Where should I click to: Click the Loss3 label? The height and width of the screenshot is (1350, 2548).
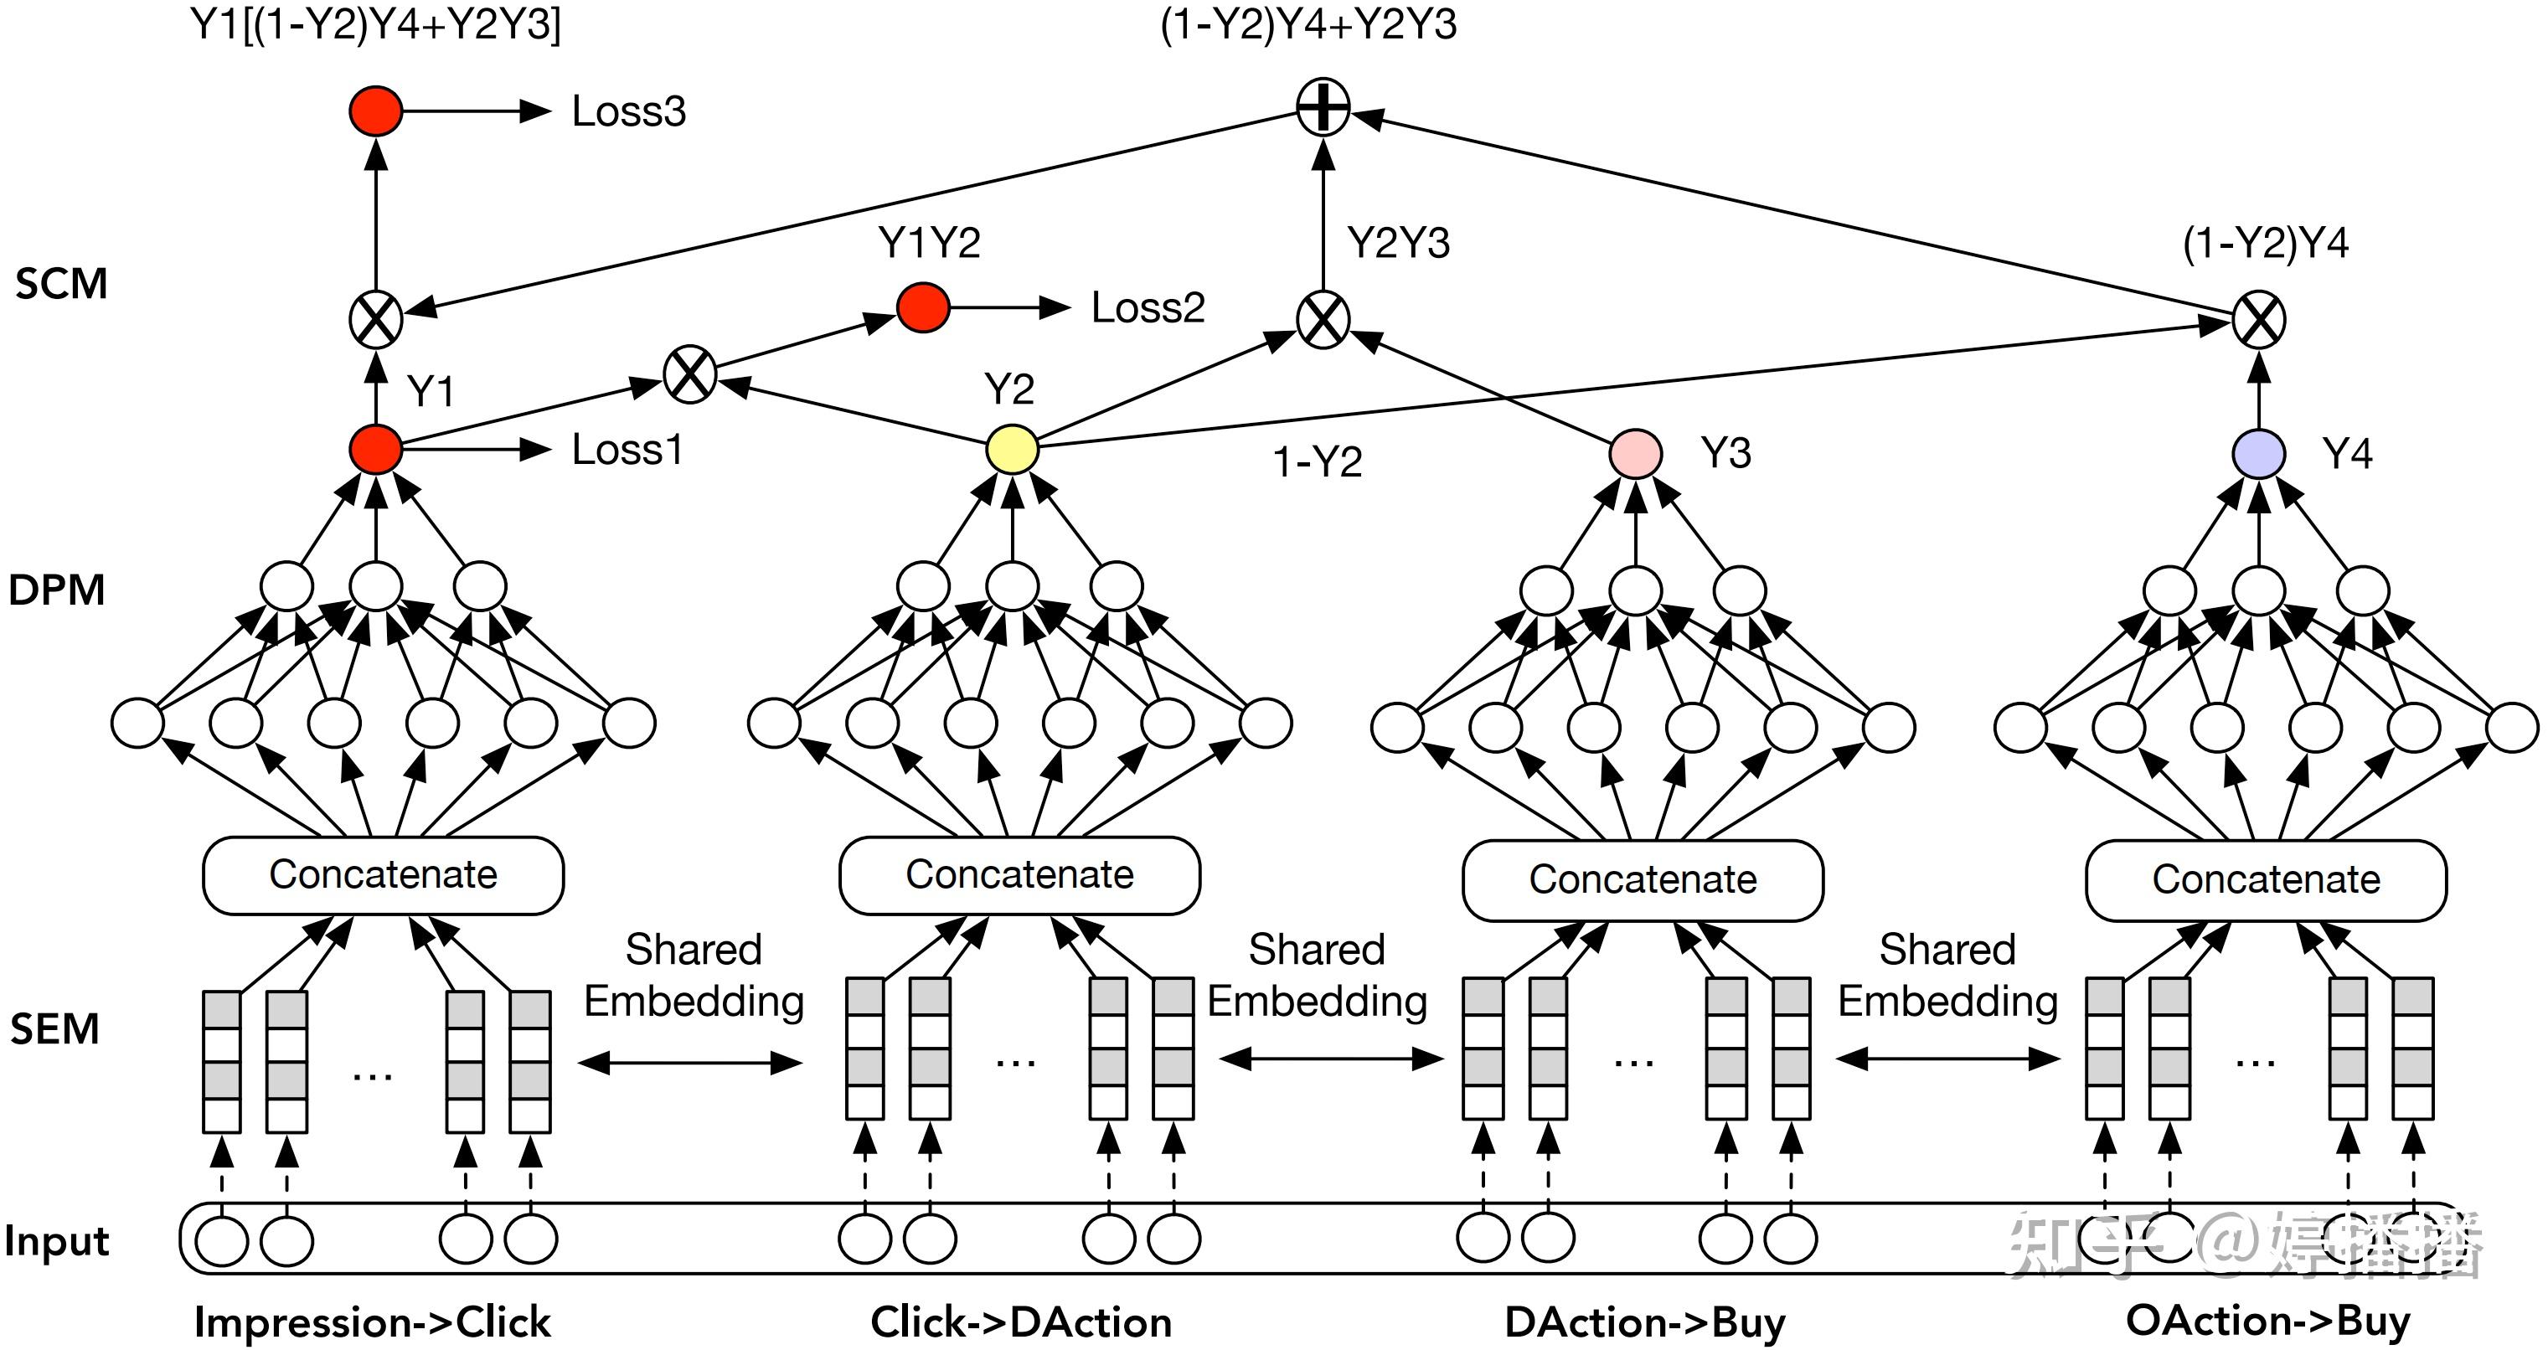click(x=628, y=111)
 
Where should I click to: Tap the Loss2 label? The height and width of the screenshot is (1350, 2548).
click(x=1148, y=307)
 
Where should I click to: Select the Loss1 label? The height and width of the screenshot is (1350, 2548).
click(x=627, y=450)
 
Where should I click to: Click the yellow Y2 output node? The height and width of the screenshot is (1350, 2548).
click(x=1012, y=450)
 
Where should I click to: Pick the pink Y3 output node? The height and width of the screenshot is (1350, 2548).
click(x=1635, y=454)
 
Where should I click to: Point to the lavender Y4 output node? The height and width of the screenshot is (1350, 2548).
click(x=2258, y=454)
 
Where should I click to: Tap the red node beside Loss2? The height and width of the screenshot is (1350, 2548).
click(x=923, y=307)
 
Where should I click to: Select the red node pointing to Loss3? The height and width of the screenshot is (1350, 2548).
click(x=376, y=111)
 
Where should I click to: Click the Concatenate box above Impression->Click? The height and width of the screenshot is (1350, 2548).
click(x=383, y=875)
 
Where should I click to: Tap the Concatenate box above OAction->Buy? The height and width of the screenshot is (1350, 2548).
click(x=2266, y=879)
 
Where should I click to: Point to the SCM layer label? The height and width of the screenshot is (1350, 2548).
click(x=61, y=284)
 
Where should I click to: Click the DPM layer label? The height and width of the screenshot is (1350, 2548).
click(x=56, y=590)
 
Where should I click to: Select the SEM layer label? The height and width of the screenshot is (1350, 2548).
click(x=54, y=1028)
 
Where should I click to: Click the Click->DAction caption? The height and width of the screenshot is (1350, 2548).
click(x=1021, y=1322)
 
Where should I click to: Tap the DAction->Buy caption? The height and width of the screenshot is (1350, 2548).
click(x=1645, y=1323)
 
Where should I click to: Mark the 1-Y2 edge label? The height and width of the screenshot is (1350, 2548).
click(x=1318, y=462)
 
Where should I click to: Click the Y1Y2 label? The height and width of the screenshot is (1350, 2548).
click(x=929, y=242)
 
